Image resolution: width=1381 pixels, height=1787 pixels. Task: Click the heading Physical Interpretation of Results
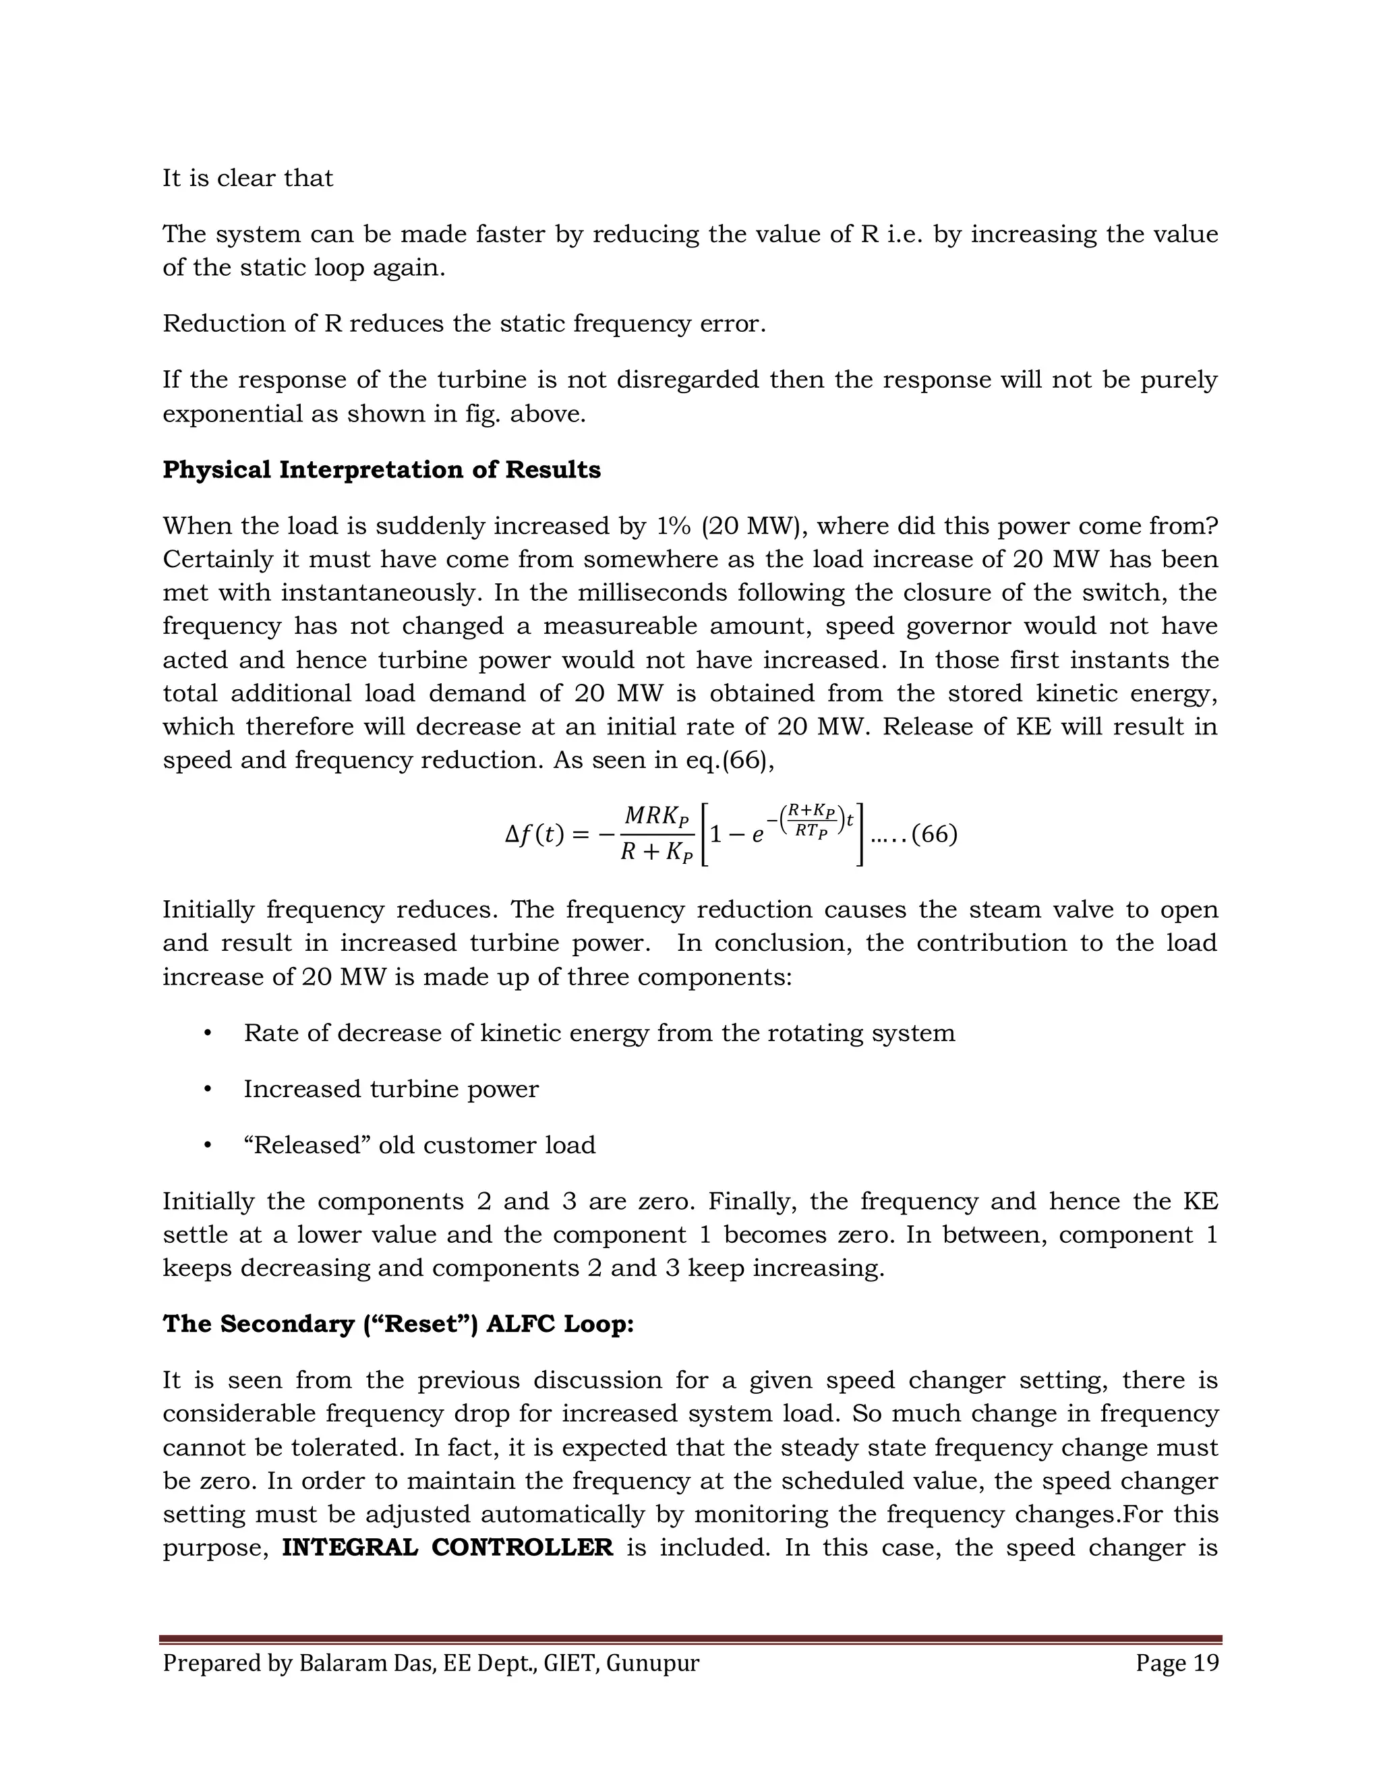[381, 469]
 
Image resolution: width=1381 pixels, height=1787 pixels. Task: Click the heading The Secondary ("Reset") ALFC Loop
[398, 1324]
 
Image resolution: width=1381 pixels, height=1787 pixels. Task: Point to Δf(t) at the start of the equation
[534, 835]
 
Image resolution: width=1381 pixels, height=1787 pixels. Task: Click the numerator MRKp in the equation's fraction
[656, 816]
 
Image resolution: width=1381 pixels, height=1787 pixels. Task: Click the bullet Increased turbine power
[391, 1089]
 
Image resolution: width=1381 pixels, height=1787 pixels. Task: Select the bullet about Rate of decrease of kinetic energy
[599, 1032]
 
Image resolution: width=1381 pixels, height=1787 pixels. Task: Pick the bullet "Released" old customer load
[419, 1145]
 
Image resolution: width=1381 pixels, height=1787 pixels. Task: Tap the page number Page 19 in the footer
[1177, 1664]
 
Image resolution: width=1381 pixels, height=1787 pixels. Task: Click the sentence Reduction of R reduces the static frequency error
[464, 324]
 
